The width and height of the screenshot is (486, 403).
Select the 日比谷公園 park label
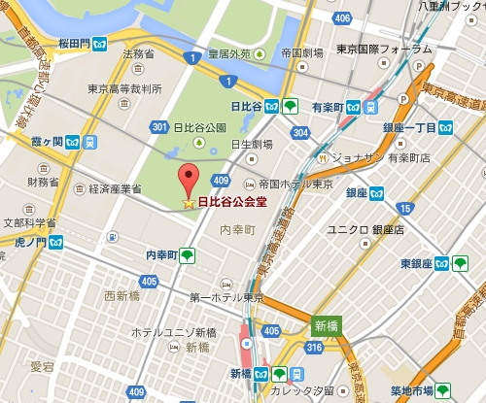pyautogui.click(x=199, y=127)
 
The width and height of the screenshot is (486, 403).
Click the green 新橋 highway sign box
pyautogui.click(x=326, y=327)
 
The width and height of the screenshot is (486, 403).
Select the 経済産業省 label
pyautogui.click(x=109, y=188)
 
